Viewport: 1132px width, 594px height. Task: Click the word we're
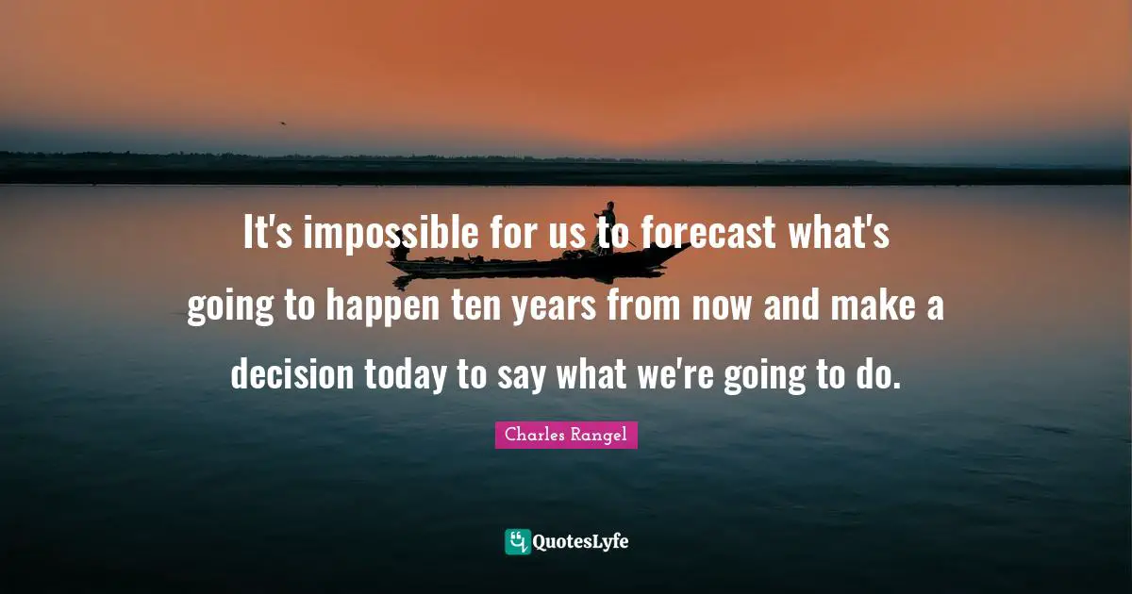pyautogui.click(x=679, y=374)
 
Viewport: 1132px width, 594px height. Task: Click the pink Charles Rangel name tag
pyautogui.click(x=566, y=435)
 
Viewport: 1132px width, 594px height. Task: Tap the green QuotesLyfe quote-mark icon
pyautogui.click(x=517, y=541)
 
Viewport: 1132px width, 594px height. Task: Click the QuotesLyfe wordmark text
pyautogui.click(x=581, y=542)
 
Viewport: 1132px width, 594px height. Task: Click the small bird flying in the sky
pyautogui.click(x=281, y=123)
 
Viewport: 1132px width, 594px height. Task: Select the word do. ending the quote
pyautogui.click(x=876, y=374)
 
